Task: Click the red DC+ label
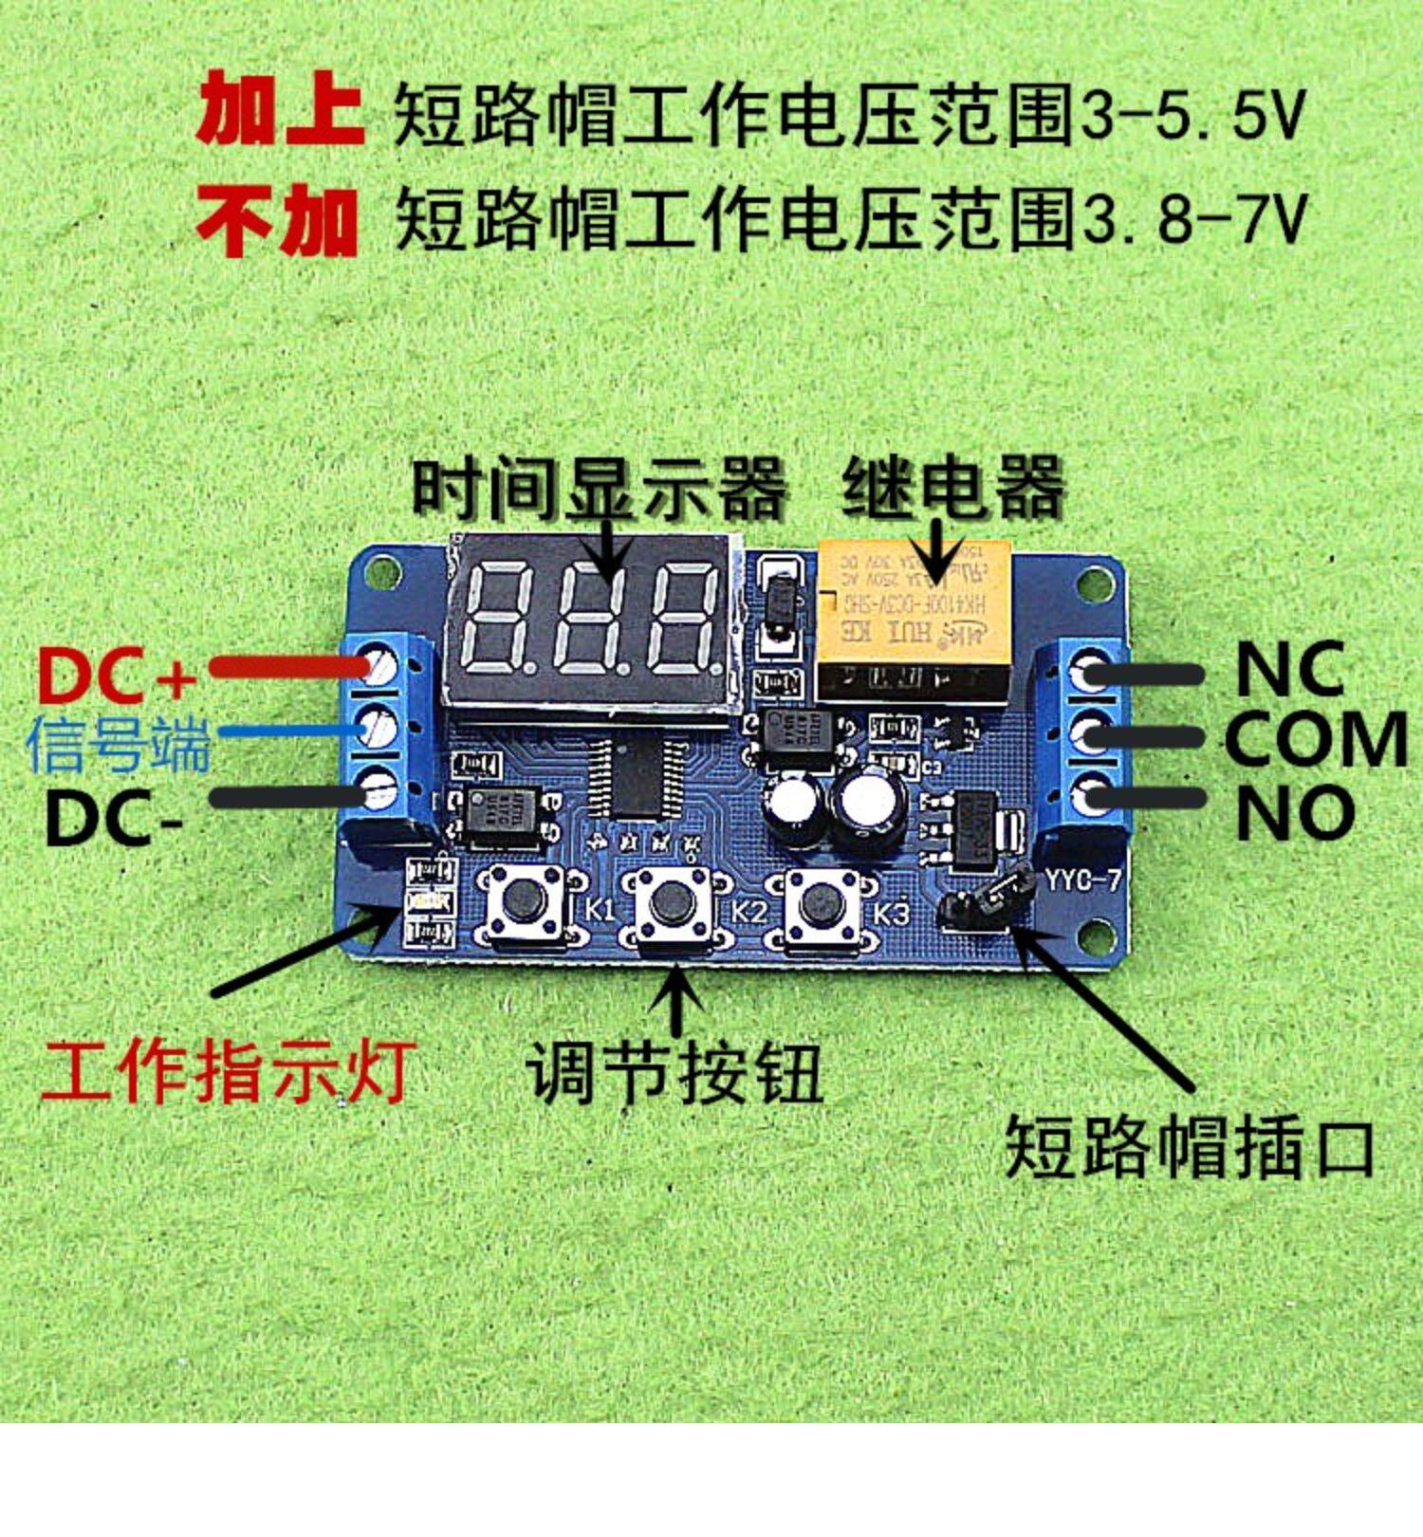[116, 675]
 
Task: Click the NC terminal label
[1289, 669]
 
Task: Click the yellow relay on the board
[912, 618]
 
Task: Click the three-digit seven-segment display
[592, 621]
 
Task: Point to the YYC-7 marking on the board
[1082, 880]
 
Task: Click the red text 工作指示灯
[226, 1073]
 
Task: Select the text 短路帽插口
[1190, 1147]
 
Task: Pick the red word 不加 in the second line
[278, 220]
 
